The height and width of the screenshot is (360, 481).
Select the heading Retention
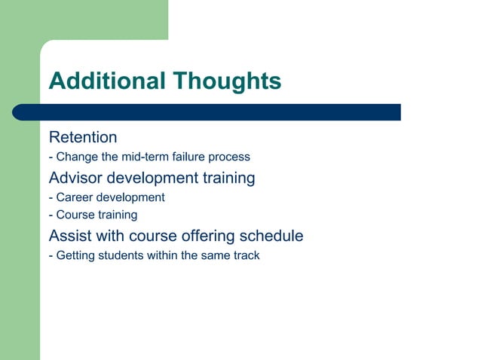coord(83,138)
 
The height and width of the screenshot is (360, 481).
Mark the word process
coord(227,158)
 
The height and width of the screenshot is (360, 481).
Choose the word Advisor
coord(76,178)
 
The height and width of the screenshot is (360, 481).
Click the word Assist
coord(69,236)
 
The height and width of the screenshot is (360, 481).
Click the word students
coord(124,255)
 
